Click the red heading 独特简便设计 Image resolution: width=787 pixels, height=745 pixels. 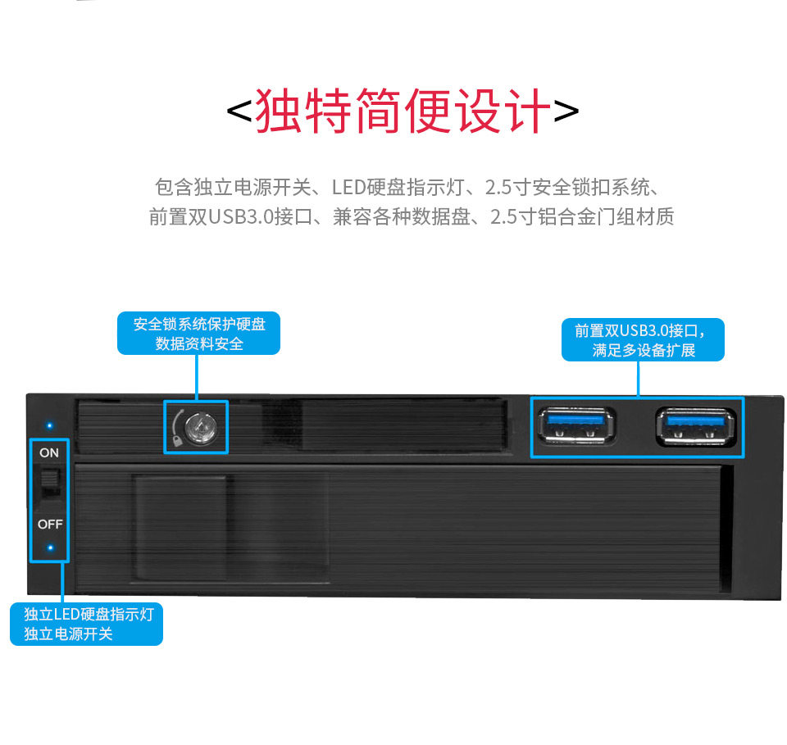point(401,112)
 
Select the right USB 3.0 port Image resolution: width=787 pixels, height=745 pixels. point(694,425)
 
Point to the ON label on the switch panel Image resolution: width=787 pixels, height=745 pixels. point(49,452)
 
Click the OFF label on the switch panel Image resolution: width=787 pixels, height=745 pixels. point(49,525)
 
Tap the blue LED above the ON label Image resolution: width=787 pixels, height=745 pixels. point(49,426)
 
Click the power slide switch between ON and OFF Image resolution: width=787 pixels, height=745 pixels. point(51,484)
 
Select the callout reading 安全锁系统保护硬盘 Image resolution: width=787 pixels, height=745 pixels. point(199,325)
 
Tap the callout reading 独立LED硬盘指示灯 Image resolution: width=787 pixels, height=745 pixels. point(89,614)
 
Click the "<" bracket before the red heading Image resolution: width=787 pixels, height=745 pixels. point(239,112)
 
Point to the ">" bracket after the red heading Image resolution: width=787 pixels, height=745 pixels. point(566,112)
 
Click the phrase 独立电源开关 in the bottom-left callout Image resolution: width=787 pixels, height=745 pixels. point(68,634)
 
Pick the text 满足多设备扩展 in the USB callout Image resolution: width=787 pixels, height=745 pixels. point(644,351)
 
